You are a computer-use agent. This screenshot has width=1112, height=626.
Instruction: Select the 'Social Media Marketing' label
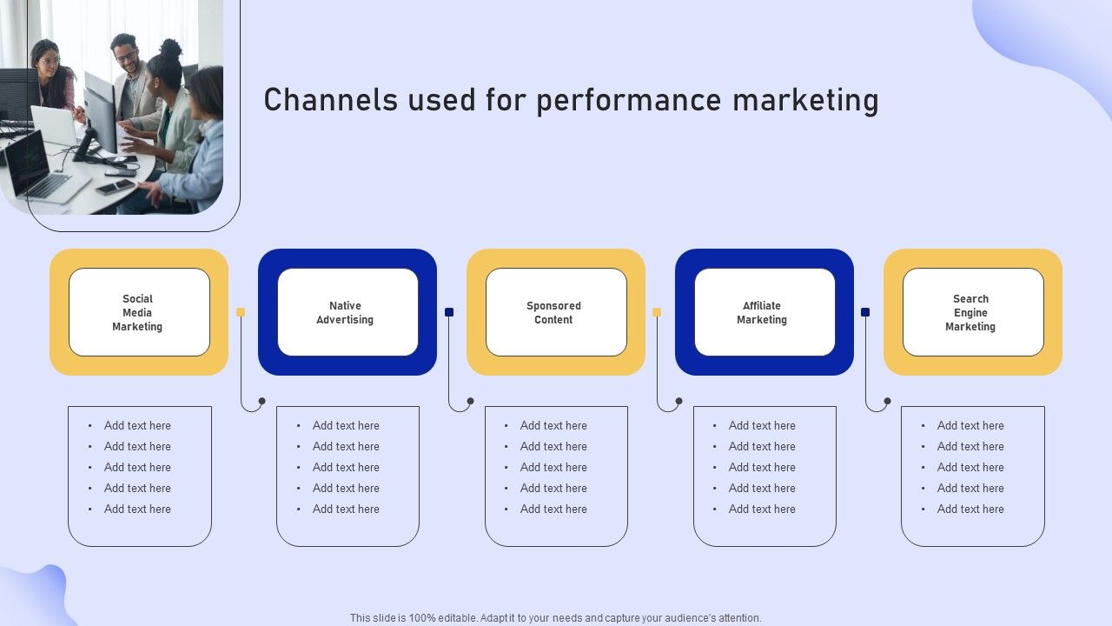[x=137, y=313]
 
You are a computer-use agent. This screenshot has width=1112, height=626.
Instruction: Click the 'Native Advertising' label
[x=345, y=313]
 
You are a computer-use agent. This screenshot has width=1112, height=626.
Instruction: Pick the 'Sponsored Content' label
[x=553, y=313]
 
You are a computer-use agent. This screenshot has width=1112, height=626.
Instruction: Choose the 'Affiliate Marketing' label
[x=762, y=313]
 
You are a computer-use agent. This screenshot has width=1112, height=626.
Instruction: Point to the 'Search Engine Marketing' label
[x=970, y=313]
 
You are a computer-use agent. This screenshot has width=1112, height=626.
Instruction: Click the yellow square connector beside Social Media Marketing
[x=241, y=312]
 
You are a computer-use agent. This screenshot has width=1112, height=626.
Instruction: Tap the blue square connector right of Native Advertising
[x=449, y=312]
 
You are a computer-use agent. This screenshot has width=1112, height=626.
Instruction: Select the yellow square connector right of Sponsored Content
[x=657, y=312]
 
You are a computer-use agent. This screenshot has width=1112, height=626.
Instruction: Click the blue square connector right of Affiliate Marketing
[x=865, y=312]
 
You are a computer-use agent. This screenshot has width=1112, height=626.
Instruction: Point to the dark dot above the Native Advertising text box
[x=262, y=402]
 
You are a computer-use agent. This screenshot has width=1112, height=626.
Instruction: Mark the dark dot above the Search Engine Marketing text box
[x=887, y=402]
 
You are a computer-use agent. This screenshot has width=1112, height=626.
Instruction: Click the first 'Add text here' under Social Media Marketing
[x=137, y=426]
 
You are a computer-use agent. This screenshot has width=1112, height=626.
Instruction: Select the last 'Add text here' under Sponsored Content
[x=553, y=509]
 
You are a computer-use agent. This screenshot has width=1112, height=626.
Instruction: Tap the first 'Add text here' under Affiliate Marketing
[x=762, y=426]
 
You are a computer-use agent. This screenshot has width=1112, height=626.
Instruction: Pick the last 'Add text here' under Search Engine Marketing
[x=970, y=509]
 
